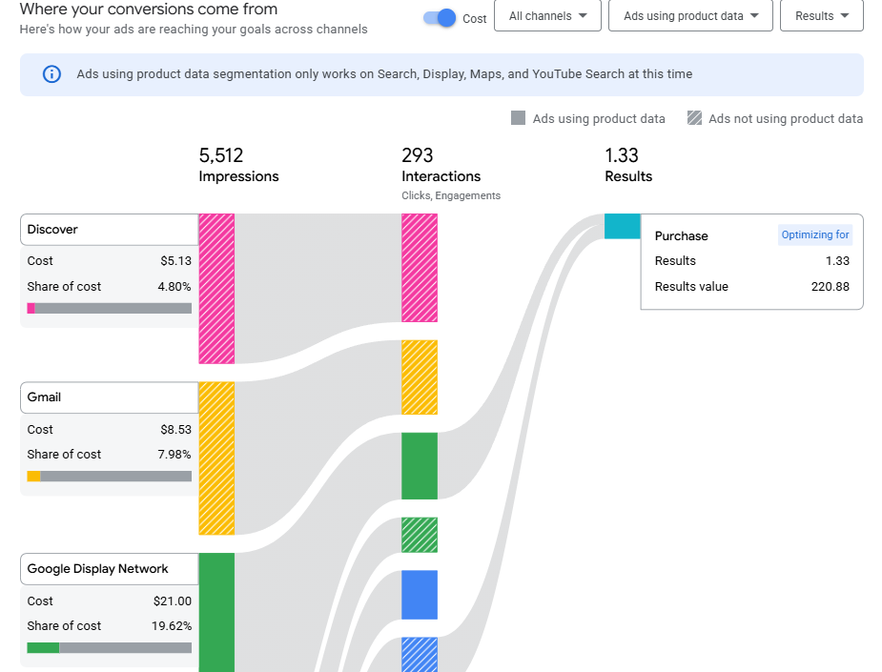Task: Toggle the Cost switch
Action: (x=440, y=18)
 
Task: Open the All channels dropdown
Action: (x=547, y=16)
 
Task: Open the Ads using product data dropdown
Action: (x=690, y=16)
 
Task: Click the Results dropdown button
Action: (x=821, y=16)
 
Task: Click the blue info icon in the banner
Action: (x=52, y=74)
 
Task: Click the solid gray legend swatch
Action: (x=519, y=118)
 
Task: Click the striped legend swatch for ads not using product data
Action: (x=694, y=118)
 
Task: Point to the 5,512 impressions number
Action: (x=221, y=155)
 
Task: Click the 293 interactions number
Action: (x=418, y=155)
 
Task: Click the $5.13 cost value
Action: (x=175, y=261)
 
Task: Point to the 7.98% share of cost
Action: (x=174, y=455)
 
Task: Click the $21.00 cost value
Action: (x=172, y=601)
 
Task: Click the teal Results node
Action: (x=622, y=227)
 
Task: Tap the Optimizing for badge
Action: (x=814, y=235)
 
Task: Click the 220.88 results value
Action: (x=830, y=287)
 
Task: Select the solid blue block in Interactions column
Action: (x=420, y=595)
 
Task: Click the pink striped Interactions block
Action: (x=420, y=268)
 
